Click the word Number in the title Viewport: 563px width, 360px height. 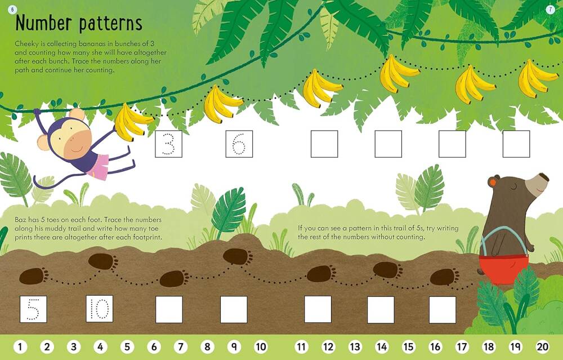click(x=43, y=23)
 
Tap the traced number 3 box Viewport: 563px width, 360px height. click(x=169, y=144)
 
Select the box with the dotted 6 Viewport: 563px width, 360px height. click(x=239, y=144)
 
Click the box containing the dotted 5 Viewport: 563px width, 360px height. click(x=33, y=309)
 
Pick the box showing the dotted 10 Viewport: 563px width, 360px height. click(x=100, y=309)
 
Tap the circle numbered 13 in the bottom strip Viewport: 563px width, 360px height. click(x=355, y=346)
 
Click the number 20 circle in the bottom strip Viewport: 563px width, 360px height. click(x=543, y=346)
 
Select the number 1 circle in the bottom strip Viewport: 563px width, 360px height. click(x=20, y=346)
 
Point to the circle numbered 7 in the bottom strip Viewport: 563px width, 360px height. click(x=181, y=346)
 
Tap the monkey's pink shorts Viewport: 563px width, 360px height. click(x=97, y=166)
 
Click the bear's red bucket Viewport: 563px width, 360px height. click(x=504, y=269)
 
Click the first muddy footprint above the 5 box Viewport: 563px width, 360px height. click(x=33, y=276)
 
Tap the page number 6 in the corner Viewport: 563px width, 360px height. click(x=12, y=10)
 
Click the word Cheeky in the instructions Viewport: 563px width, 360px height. click(x=25, y=44)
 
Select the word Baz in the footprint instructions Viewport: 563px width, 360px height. click(x=20, y=220)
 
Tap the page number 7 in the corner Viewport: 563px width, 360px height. click(x=551, y=10)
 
